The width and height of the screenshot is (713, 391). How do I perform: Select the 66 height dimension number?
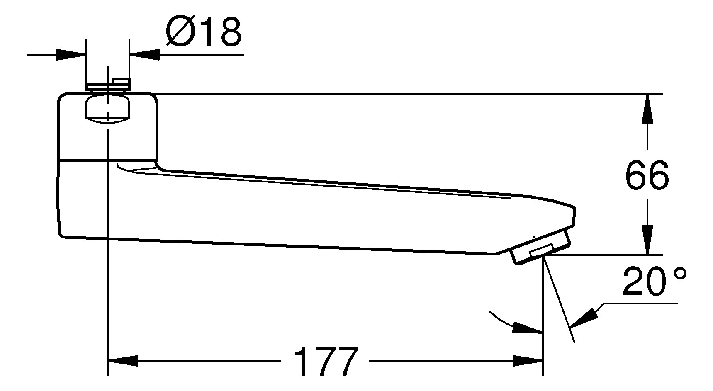[647, 175]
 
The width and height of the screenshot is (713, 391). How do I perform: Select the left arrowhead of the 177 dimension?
[123, 361]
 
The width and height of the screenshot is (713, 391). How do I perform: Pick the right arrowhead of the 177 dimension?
[528, 361]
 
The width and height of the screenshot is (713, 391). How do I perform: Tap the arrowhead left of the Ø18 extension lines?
[71, 54]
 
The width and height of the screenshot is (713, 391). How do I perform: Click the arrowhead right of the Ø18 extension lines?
[145, 54]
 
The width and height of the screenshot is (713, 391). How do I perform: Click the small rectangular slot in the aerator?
[541, 250]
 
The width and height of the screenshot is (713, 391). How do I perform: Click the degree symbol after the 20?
[681, 274]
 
